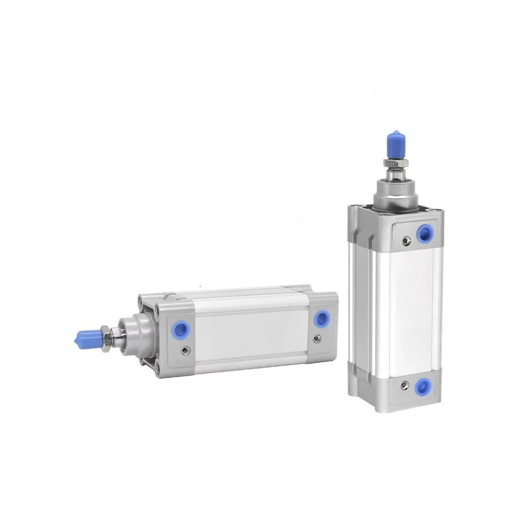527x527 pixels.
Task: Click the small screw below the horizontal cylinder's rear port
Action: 317,339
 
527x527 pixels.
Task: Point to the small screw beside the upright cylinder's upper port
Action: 405,241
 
